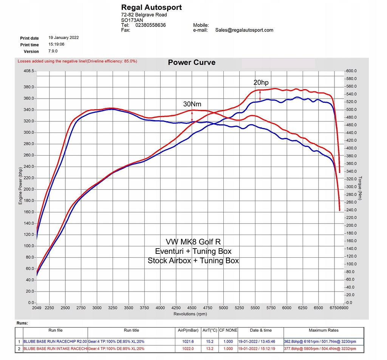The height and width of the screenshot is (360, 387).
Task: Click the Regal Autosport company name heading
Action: tap(151, 7)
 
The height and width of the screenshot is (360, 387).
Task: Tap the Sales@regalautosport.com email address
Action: tap(244, 30)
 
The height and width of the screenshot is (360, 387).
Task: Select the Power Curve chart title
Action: tap(192, 63)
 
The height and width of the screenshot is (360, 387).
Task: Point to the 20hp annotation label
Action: tap(261, 82)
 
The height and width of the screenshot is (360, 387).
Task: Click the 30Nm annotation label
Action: tap(192, 104)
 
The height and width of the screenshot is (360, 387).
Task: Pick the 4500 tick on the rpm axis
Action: tap(192, 308)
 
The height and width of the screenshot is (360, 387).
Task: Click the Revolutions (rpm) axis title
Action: tap(190, 314)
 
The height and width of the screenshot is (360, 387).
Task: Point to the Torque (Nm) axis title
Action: tap(361, 187)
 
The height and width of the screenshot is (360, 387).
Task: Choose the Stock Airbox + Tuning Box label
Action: tap(193, 261)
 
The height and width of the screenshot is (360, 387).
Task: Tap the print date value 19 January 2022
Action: tap(63, 38)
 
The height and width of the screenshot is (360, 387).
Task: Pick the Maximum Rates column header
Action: tap(324, 330)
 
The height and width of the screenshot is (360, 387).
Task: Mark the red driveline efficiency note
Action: tap(77, 61)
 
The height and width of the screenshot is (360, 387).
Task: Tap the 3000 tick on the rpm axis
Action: tap(97, 308)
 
